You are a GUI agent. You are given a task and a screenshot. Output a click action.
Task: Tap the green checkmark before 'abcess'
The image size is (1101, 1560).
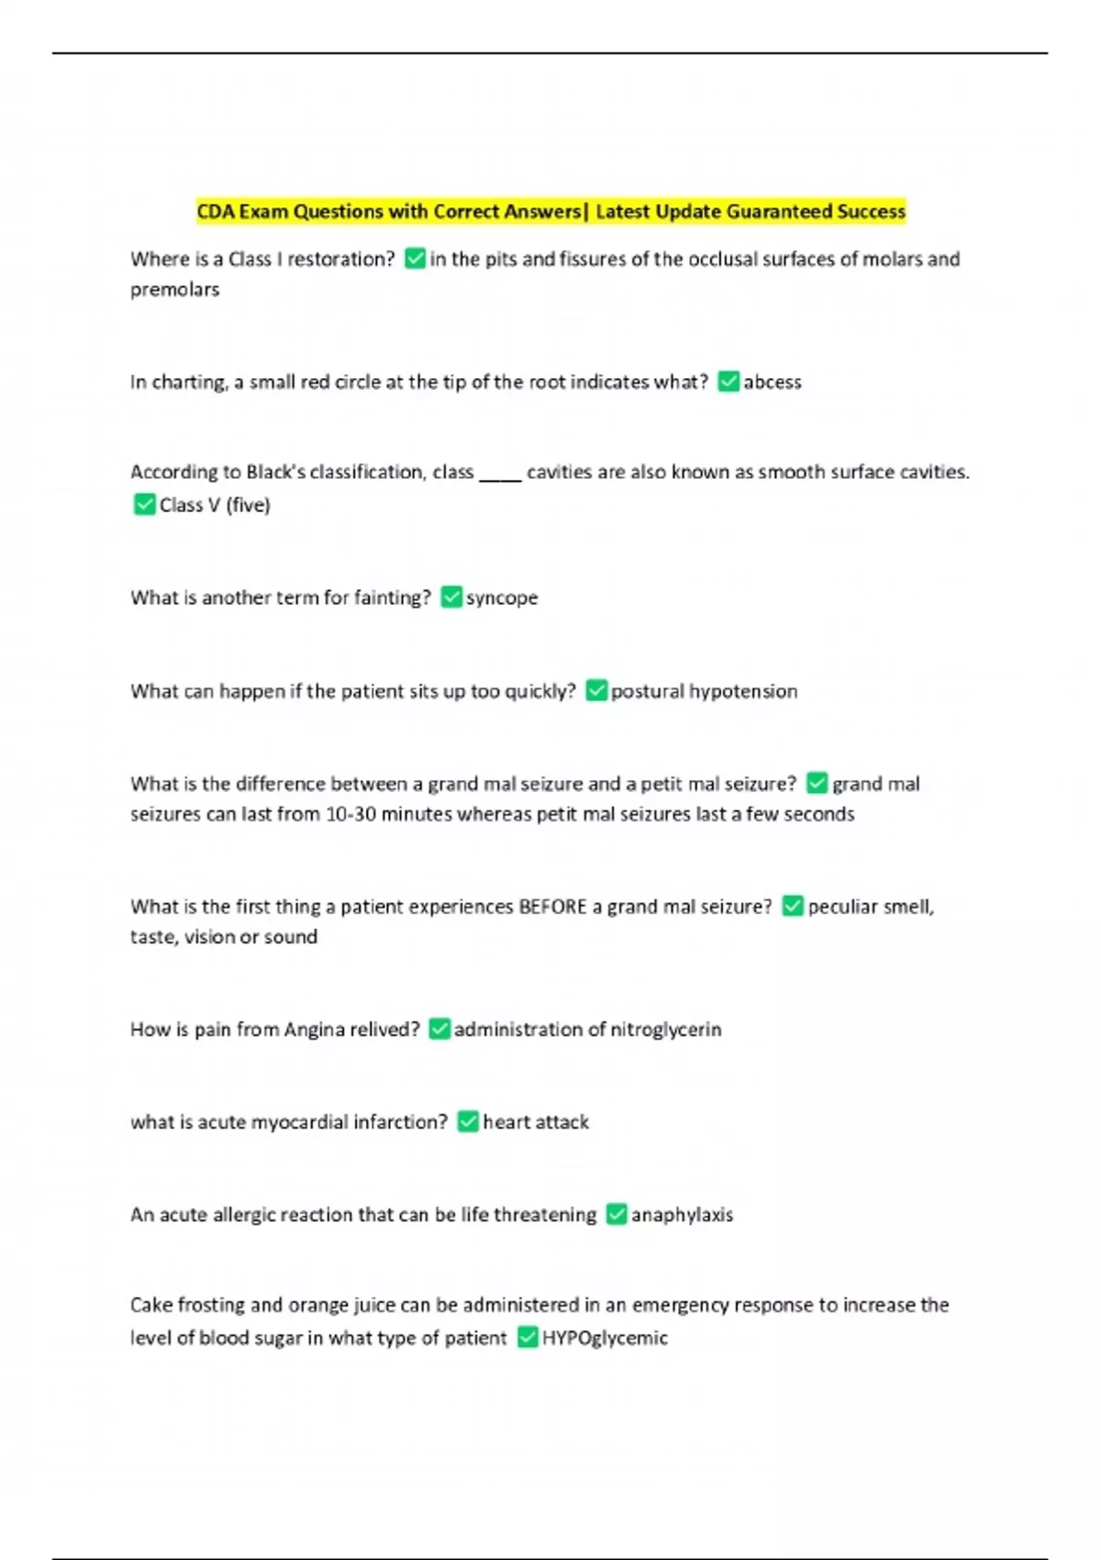point(728,382)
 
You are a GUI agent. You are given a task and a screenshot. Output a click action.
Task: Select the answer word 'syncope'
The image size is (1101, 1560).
point(502,598)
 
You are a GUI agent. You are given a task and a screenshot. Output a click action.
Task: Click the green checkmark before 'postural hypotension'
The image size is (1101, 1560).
point(596,691)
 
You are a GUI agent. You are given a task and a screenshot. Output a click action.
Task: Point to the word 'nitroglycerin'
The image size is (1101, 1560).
point(666,1030)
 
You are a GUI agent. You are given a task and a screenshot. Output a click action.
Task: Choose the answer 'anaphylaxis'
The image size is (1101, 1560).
point(682,1215)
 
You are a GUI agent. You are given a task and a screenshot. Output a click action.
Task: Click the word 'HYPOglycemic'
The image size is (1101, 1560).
point(605,1338)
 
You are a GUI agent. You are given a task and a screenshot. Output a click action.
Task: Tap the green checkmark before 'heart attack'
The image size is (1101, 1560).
point(468,1121)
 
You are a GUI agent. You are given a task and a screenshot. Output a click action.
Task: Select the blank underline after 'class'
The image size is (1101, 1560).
point(500,474)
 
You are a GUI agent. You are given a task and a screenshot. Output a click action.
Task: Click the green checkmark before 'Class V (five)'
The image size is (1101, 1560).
point(144,505)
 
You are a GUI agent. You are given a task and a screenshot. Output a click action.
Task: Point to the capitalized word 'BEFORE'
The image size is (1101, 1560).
point(552,907)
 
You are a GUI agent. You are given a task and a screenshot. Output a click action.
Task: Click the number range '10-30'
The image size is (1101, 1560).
point(351,814)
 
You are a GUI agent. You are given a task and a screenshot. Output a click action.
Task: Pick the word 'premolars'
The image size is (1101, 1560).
point(174,290)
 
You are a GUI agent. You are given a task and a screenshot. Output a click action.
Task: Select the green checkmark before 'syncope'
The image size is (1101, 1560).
point(451,597)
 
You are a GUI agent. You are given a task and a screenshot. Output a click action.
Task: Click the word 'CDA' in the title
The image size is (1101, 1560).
point(216,212)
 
